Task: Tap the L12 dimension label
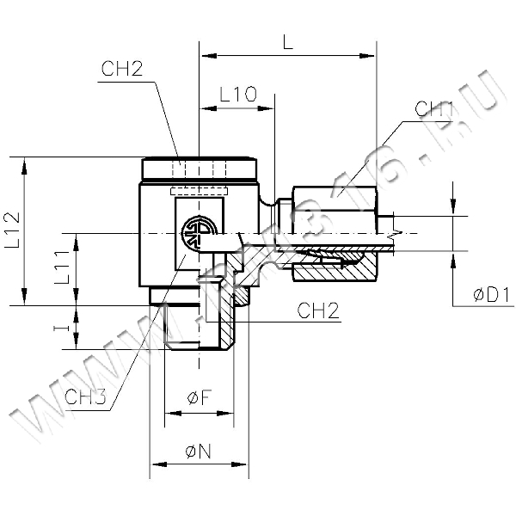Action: point(13,231)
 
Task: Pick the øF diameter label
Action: point(197,397)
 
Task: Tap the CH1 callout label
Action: point(434,109)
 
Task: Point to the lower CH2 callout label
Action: point(317,310)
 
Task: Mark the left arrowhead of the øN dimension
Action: point(156,466)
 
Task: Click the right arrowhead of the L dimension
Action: point(372,56)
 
